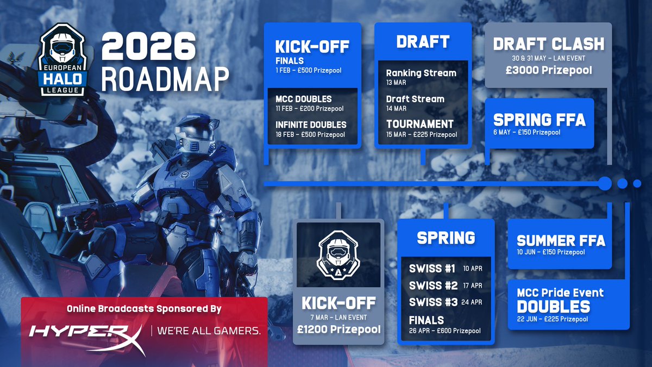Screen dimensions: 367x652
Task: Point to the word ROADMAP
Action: coord(164,80)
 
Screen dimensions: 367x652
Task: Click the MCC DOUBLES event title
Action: coord(304,99)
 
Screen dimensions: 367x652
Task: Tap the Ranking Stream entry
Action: coord(421,73)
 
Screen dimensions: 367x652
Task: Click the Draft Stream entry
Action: coord(415,99)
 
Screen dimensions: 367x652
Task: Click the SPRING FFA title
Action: coord(539,119)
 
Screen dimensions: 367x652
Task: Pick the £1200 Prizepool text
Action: coord(338,329)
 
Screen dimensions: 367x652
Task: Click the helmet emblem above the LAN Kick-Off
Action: coord(338,254)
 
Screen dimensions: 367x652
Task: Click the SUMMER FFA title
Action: coord(561,240)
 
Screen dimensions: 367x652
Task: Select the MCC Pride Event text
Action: coord(560,293)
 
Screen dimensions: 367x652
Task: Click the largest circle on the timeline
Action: coord(604,183)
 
